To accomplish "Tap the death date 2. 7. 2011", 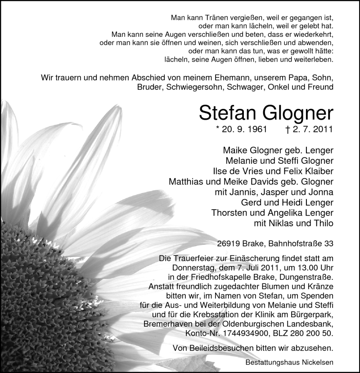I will coord(311,130).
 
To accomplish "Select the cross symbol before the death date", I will coord(288,130).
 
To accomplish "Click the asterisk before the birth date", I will coord(218,129).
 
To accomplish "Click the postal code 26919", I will coord(228,244).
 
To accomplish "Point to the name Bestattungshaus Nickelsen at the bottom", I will coord(290,363).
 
